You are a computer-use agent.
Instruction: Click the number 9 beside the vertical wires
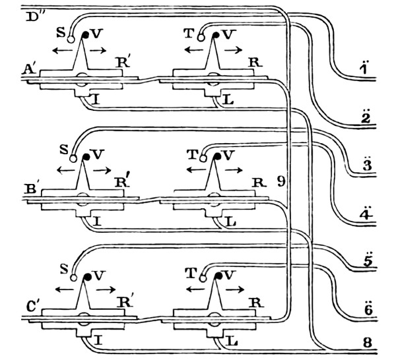pyautogui.click(x=280, y=181)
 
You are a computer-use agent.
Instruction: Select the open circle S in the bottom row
pyautogui.click(x=73, y=277)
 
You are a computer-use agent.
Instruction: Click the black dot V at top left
pyautogui.click(x=86, y=34)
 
